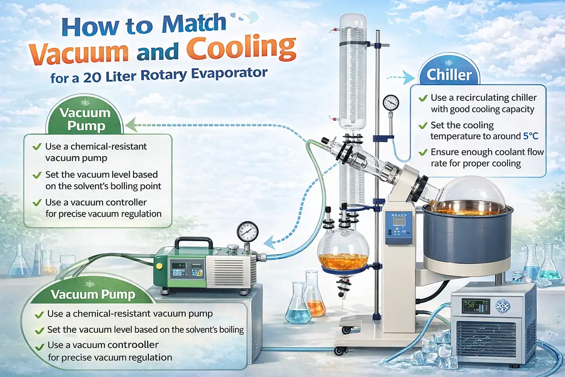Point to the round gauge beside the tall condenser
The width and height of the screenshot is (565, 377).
pos(391,101)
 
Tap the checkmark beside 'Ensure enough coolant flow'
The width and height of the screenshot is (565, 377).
pos(422,153)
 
